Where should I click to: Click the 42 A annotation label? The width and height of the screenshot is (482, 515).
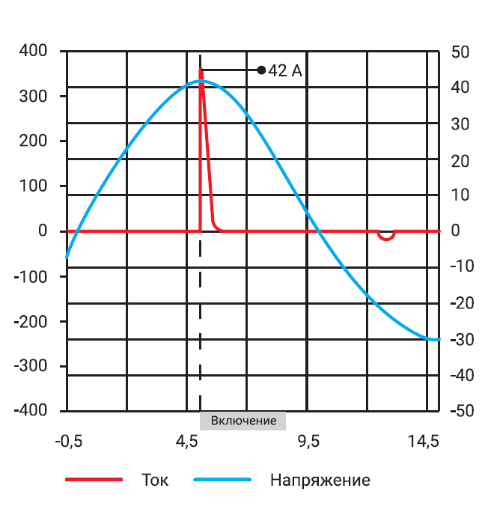click(x=285, y=70)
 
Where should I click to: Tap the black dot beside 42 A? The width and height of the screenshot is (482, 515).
click(x=261, y=70)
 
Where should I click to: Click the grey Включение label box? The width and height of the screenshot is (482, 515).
click(x=243, y=421)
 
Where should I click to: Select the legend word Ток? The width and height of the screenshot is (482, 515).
click(x=154, y=480)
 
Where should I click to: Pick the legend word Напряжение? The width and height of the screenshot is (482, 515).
click(x=320, y=480)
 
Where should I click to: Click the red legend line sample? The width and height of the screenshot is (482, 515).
click(x=94, y=480)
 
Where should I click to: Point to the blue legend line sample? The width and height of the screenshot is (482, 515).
click(x=222, y=480)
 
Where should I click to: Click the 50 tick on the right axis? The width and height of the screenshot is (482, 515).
click(x=460, y=52)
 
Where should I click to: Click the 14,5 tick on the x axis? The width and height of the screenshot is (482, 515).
click(x=424, y=442)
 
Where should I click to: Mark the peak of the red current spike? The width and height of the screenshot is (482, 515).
click(x=201, y=71)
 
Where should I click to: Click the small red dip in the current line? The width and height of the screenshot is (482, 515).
click(x=386, y=237)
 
